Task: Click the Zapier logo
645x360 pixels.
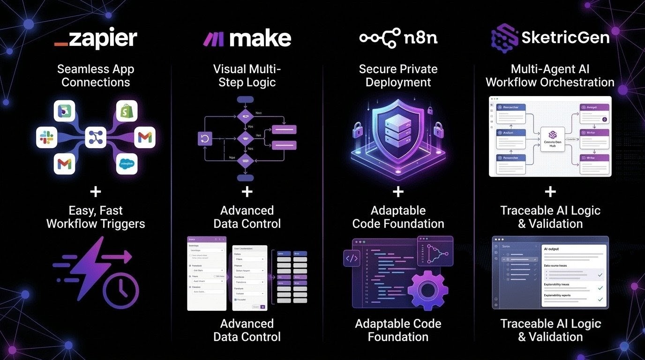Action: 96,38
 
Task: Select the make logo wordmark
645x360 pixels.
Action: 247,38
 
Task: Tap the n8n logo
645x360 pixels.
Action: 398,38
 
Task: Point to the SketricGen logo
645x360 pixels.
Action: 550,37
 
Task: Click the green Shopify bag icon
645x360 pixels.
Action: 127,112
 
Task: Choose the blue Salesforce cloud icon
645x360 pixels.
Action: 127,164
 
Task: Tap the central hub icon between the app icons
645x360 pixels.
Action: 96,137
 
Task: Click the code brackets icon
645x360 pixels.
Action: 352,258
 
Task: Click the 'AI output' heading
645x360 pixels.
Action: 552,249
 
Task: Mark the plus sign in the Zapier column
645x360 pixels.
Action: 96,192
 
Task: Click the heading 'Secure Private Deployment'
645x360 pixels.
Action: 398,75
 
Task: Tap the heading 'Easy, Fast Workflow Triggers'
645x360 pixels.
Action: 96,217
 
